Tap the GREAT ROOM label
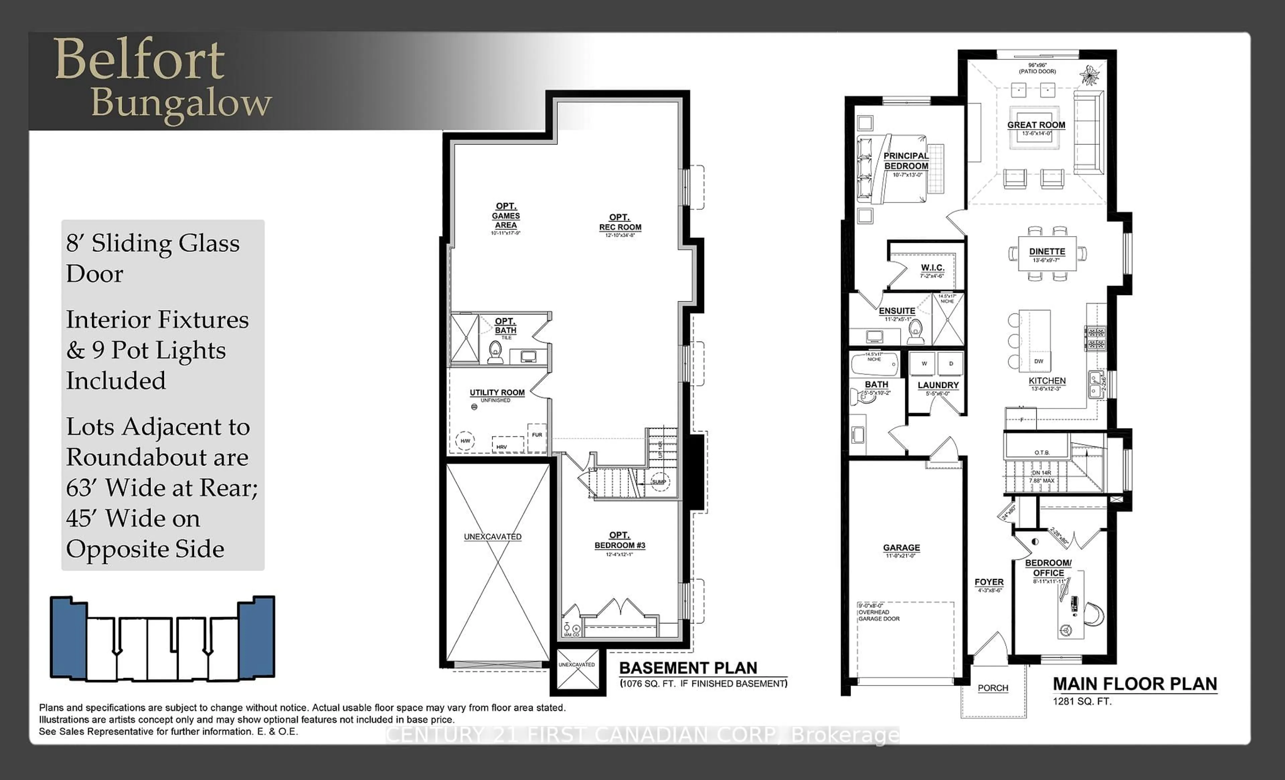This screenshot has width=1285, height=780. coord(1036,125)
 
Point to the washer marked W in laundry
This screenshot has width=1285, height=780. coord(924,363)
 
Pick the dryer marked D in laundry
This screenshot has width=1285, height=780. coord(951,363)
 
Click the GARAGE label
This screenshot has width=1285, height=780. coord(901,548)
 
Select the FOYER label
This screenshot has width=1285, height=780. coord(989,582)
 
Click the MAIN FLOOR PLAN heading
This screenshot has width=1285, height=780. coord(1135,684)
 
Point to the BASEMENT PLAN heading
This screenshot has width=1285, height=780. coord(688,668)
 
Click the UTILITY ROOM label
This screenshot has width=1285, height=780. coord(497,393)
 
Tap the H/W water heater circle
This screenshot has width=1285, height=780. coord(465,441)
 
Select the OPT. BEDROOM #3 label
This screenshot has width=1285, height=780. coord(619,540)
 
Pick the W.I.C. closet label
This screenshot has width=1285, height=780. coord(932,268)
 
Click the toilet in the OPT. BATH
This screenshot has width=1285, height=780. coord(495,353)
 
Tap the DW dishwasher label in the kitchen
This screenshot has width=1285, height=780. coord(1038,361)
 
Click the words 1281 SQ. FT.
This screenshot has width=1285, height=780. coord(1082,702)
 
